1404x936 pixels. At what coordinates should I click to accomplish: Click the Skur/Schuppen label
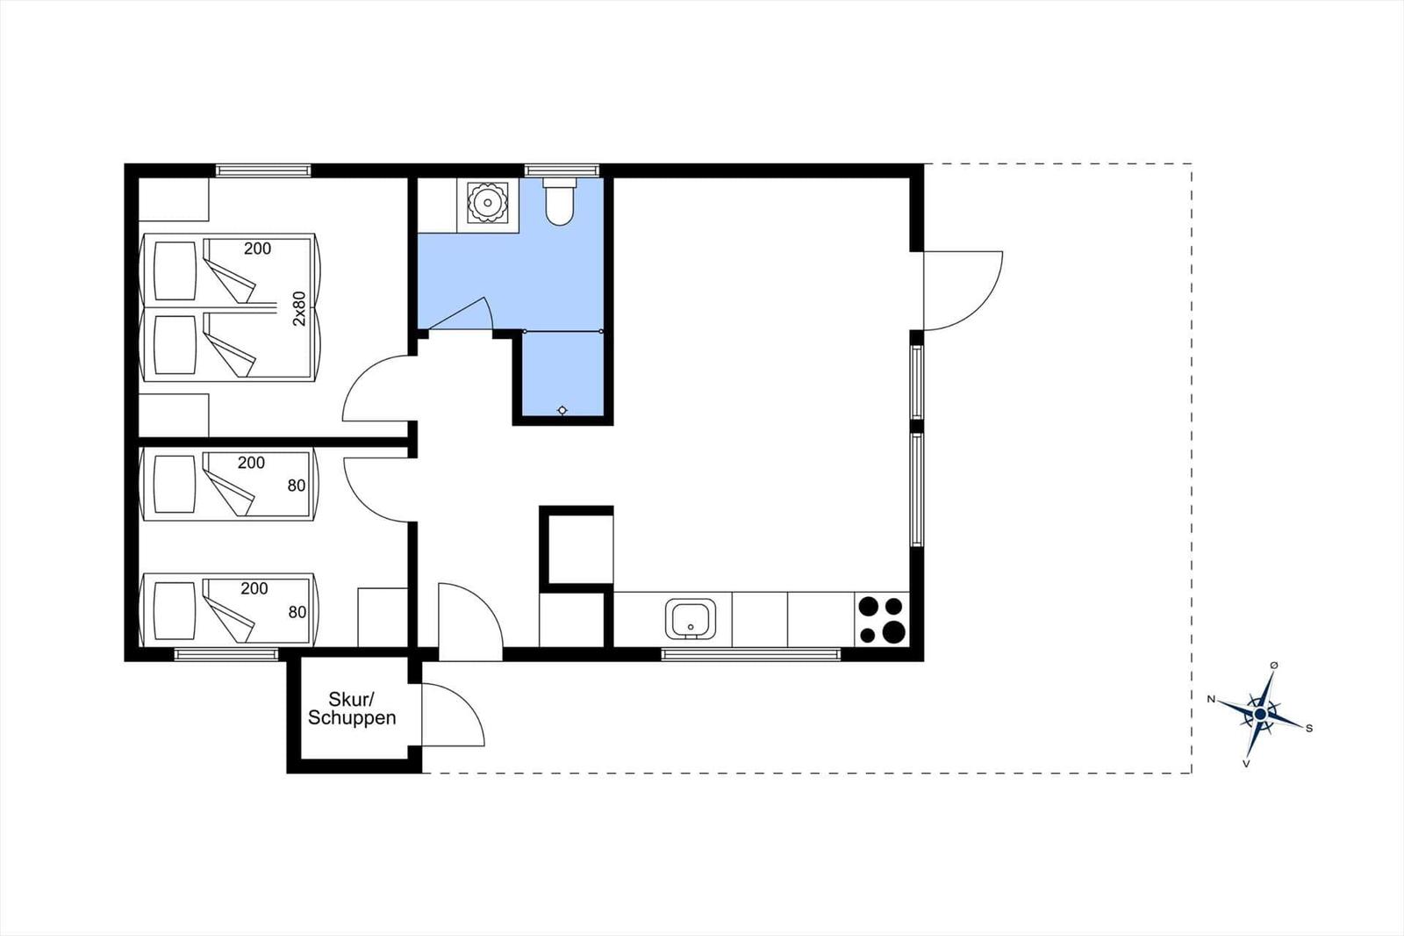coord(352,709)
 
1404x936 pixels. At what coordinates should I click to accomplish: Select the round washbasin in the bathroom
coord(487,202)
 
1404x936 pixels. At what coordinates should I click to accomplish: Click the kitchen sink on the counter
coord(690,618)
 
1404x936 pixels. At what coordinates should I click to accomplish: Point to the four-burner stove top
coord(881,619)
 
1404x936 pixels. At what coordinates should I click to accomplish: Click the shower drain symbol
coord(562,410)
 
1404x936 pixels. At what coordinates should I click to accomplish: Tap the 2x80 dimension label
coord(299,308)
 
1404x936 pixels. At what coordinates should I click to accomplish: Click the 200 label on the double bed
coord(258,248)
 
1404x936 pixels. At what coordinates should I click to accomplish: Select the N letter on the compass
coord(1211,699)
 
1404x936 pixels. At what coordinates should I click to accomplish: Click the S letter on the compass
coord(1308,729)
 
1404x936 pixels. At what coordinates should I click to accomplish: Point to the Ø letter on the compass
coord(1273,665)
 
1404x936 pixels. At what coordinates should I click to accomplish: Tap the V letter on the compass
coord(1246,764)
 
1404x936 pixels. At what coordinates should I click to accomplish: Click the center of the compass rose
coord(1260,714)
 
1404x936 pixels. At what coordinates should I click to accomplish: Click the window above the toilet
coord(562,170)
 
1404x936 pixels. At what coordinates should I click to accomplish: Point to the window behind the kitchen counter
coord(751,654)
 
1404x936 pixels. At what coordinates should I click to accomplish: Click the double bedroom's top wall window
coord(263,170)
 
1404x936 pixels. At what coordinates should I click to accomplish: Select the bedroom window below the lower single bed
coord(226,654)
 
